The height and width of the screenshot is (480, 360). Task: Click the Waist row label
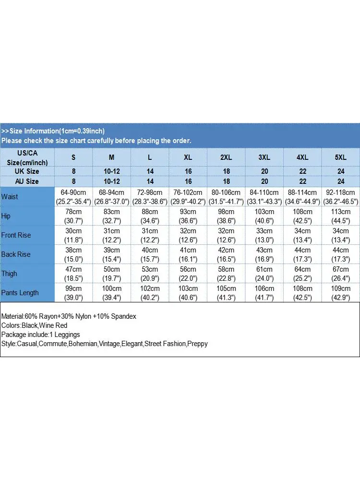click(10, 196)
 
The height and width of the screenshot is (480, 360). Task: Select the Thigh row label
click(9, 273)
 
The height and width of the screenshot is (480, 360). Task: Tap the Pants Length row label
click(20, 292)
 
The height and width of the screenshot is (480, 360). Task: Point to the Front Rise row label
click(16, 235)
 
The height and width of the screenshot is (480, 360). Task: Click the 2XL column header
click(226, 157)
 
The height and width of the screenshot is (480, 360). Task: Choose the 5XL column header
click(340, 157)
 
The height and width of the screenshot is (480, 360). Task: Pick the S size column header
click(73, 157)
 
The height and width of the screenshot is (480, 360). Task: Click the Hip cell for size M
click(111, 216)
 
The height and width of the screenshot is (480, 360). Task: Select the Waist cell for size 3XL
click(264, 196)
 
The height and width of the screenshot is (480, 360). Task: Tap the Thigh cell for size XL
click(188, 273)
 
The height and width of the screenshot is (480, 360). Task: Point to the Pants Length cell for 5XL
click(340, 292)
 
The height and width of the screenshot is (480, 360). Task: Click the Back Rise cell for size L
click(150, 254)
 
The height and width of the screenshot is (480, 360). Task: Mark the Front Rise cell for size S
click(73, 235)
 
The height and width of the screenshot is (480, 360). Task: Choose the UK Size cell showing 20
click(264, 171)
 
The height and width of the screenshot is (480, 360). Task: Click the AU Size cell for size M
click(111, 181)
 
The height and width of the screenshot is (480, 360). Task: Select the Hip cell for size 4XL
click(302, 216)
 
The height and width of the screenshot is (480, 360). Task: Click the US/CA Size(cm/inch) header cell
click(27, 157)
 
